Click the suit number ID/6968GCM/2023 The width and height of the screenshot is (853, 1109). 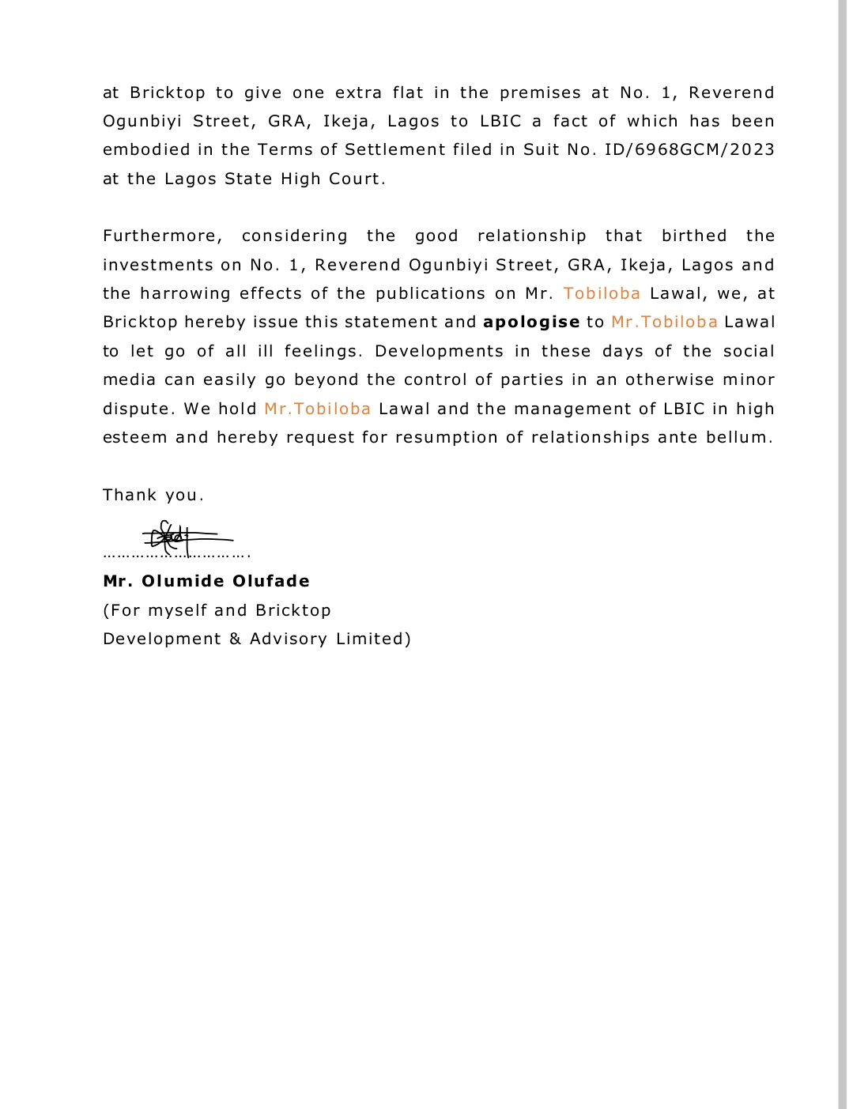[x=689, y=150]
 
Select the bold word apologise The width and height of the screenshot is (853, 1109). [x=531, y=323]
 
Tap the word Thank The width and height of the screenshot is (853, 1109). [x=130, y=496]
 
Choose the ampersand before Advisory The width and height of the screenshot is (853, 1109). [x=236, y=639]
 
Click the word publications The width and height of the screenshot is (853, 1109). [x=431, y=294]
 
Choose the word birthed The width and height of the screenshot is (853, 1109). [x=694, y=236]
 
